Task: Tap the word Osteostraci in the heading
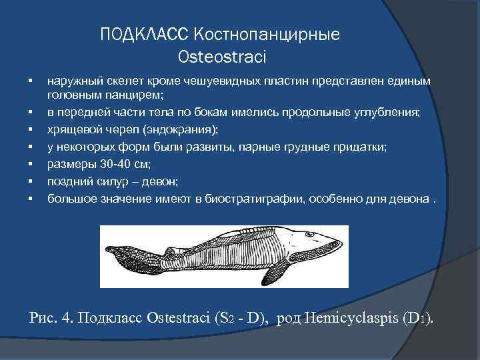[x=222, y=57]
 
